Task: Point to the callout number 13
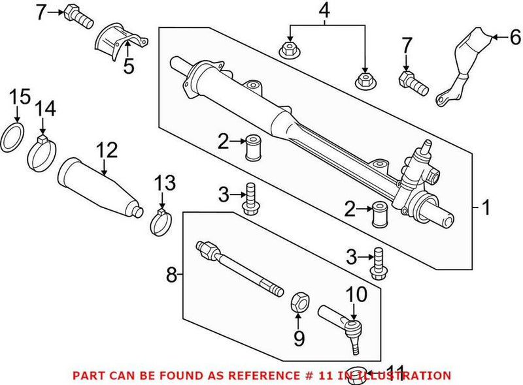tap(166, 184)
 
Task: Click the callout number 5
tap(128, 65)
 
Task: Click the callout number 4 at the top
tap(324, 11)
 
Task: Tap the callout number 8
tap(171, 275)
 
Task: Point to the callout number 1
tap(484, 208)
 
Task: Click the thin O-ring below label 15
tap(15, 138)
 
